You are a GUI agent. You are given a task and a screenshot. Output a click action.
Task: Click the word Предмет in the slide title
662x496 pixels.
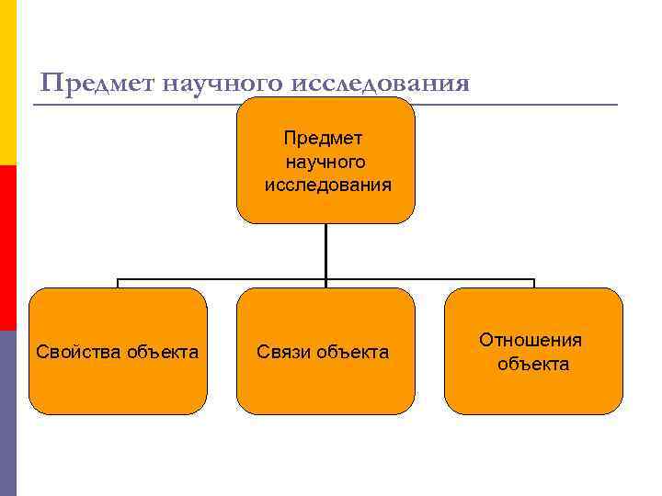pyautogui.click(x=97, y=85)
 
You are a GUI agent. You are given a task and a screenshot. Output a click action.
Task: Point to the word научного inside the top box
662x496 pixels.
pyautogui.click(x=325, y=162)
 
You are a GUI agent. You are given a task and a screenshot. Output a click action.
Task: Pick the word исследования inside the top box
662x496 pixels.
pyautogui.click(x=327, y=185)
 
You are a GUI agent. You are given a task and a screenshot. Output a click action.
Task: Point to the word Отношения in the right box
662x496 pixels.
pyautogui.click(x=531, y=341)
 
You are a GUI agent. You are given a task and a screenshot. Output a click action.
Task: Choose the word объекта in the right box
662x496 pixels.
pyautogui.click(x=533, y=364)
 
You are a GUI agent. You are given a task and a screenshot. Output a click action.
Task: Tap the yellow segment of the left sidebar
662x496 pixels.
pyautogui.click(x=7, y=83)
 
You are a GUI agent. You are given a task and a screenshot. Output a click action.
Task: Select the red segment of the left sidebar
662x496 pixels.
pyautogui.click(x=7, y=248)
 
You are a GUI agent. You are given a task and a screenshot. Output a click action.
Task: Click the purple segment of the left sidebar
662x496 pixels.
pyautogui.click(x=7, y=413)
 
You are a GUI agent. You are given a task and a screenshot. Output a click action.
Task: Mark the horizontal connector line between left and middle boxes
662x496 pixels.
pyautogui.click(x=221, y=279)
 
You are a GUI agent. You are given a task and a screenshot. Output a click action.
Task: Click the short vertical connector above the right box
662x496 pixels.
pyautogui.click(x=533, y=284)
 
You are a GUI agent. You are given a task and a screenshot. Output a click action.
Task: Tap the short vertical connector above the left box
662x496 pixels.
pyautogui.click(x=118, y=284)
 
